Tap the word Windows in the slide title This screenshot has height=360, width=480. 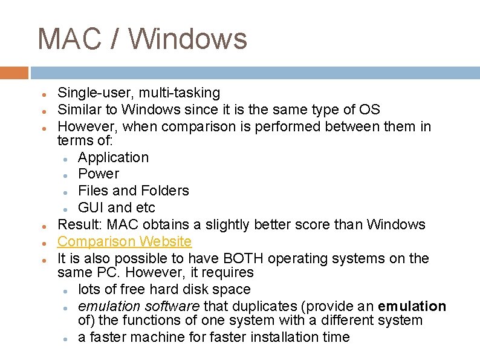[188, 39]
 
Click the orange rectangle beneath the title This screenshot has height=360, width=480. [14, 73]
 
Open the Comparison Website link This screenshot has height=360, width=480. [124, 241]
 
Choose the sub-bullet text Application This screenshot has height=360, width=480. [113, 157]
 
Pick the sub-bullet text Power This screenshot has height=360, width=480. [99, 174]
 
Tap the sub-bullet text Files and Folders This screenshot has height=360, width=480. [133, 191]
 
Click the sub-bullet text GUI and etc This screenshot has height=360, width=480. [116, 208]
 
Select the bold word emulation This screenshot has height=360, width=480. [412, 306]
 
